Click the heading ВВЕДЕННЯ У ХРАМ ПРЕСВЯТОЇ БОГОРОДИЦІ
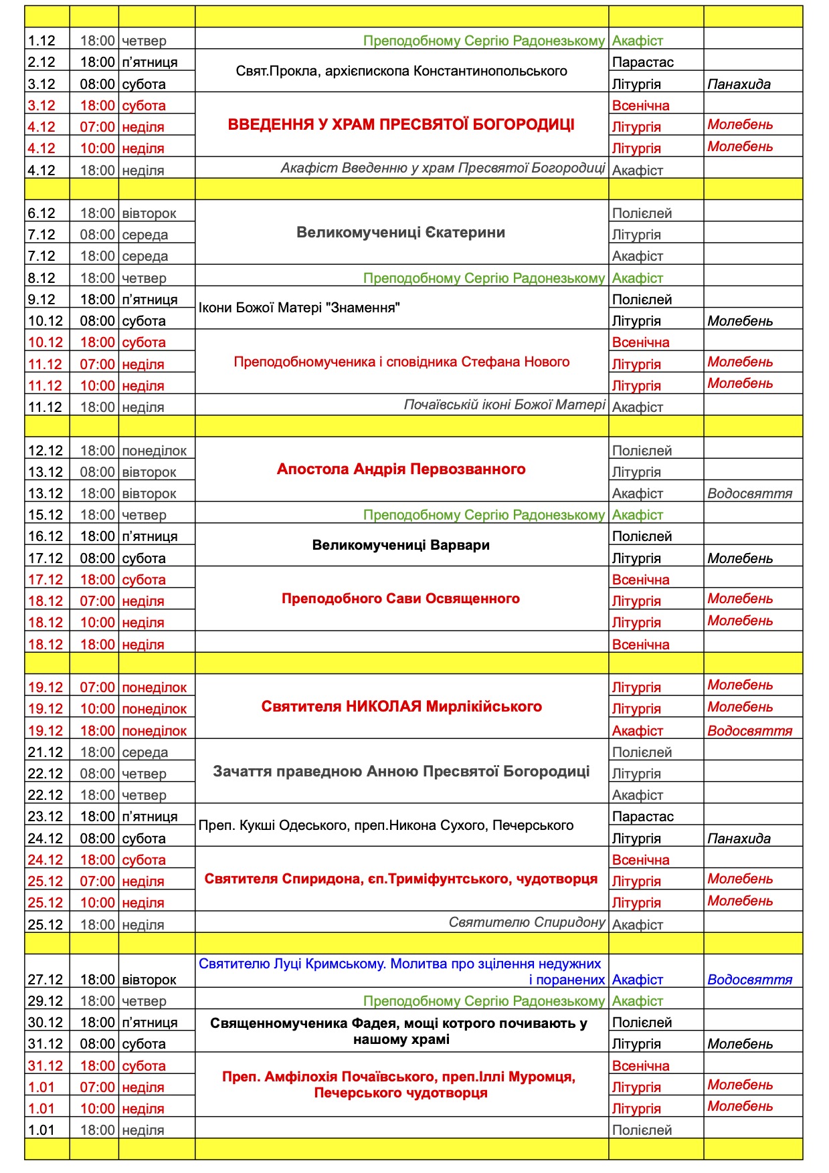pos(401,125)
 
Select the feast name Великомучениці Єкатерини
pos(401,233)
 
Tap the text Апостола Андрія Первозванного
pos(401,469)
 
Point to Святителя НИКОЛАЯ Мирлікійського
pos(401,707)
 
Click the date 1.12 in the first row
pos(41,41)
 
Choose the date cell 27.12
pos(45,980)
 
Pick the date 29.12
pos(45,1001)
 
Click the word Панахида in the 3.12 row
pos(739,84)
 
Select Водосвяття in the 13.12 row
pos(749,494)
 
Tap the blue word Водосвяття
pos(749,980)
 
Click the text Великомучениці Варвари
pos(401,545)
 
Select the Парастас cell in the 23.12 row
pos(642,817)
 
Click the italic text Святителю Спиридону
pos(527,923)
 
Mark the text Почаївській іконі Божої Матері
pos(504,405)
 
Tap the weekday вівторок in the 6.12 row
pos(149,213)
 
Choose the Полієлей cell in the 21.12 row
pos(642,752)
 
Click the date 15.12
pos(45,515)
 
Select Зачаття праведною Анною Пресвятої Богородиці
pos(401,772)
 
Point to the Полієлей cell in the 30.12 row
pos(642,1023)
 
